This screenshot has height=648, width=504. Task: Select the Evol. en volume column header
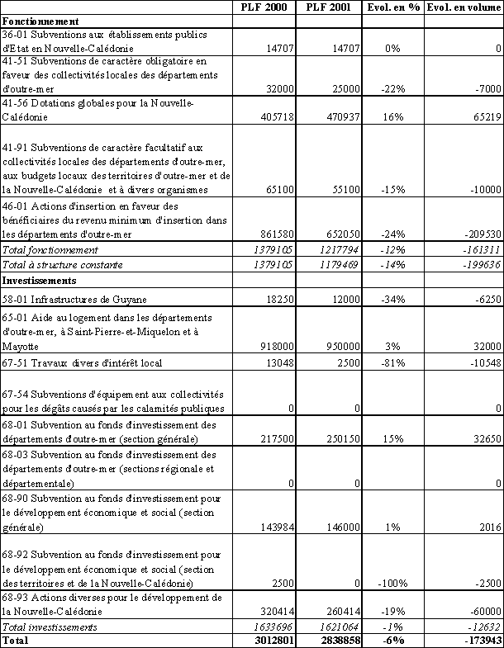[465, 7]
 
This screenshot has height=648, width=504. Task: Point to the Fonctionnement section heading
[41, 20]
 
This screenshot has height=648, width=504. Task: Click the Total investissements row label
[50, 627]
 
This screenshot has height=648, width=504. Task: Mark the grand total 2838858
[337, 640]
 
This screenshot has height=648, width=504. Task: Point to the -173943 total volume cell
[475, 640]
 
